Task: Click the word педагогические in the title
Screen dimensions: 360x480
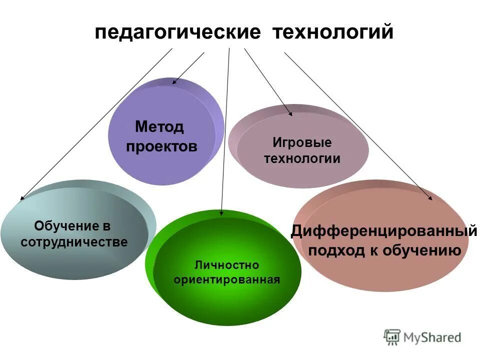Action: click(178, 33)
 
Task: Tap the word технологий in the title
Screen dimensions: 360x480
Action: click(332, 33)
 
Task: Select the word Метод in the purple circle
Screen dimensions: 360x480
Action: click(159, 127)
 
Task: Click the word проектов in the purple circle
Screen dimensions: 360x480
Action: click(161, 146)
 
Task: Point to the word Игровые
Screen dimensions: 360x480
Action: click(302, 142)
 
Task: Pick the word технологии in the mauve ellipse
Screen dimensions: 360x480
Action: click(302, 159)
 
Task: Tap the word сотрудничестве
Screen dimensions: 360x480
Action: click(74, 242)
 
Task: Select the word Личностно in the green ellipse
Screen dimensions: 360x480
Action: click(226, 264)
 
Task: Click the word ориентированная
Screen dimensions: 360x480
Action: click(226, 279)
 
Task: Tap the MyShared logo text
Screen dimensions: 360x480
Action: click(432, 337)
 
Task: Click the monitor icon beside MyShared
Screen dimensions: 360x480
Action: click(392, 337)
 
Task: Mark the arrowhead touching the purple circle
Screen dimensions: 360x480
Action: click(174, 81)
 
